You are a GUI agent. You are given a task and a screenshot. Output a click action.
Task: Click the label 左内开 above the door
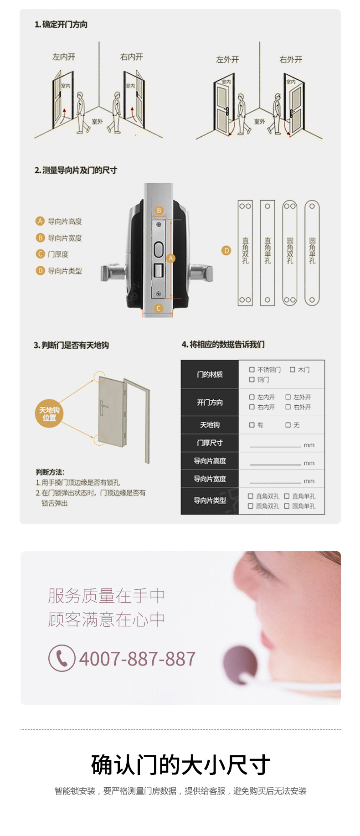(x=63, y=57)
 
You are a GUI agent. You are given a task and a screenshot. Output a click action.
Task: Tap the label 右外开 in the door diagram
(x=291, y=60)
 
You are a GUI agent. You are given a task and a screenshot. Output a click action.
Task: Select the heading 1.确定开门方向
(x=61, y=25)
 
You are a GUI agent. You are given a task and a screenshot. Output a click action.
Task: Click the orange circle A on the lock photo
(x=171, y=258)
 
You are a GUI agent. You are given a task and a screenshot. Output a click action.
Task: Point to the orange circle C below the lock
(x=159, y=308)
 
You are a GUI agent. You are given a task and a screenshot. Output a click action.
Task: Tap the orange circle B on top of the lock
(x=159, y=210)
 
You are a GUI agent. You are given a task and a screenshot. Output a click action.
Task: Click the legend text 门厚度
(x=58, y=254)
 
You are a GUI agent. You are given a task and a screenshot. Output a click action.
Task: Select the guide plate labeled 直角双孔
(x=245, y=253)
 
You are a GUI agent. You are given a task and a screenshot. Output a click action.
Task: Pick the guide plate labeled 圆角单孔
(x=312, y=253)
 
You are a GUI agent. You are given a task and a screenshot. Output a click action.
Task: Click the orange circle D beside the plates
(x=226, y=250)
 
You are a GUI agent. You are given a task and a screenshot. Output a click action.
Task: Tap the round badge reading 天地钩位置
(x=49, y=413)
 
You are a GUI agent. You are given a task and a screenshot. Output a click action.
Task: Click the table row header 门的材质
(x=210, y=375)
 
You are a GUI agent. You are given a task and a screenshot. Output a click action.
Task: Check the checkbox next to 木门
(x=293, y=370)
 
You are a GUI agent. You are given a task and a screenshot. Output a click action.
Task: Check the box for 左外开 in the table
(x=288, y=397)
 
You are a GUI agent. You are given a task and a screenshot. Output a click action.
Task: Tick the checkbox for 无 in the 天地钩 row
(x=288, y=425)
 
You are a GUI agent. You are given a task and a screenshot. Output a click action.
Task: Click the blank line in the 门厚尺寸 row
(x=275, y=445)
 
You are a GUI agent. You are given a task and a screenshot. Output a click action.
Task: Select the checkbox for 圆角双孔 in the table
(x=251, y=506)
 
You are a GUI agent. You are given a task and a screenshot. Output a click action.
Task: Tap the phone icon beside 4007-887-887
(x=62, y=658)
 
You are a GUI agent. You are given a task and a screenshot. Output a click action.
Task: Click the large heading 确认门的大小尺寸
(x=180, y=765)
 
